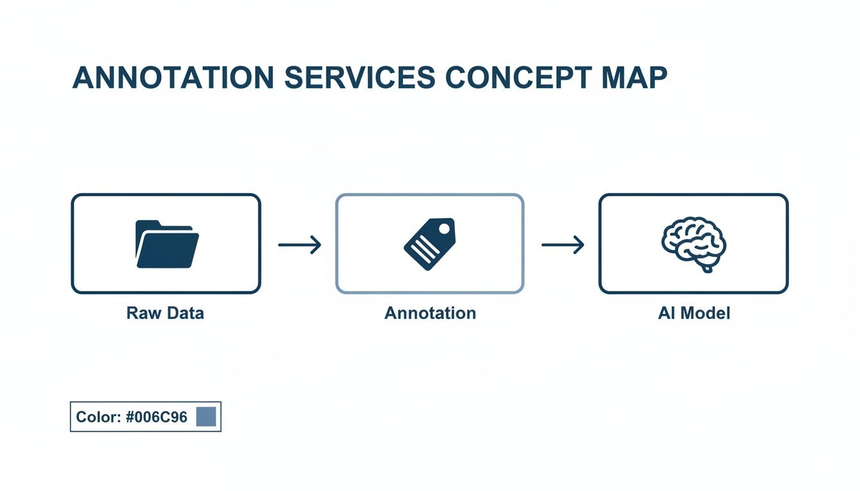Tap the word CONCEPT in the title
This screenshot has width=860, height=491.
[517, 78]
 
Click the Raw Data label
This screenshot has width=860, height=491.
[165, 313]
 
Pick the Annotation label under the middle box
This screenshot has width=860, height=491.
[430, 313]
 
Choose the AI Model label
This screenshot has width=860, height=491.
[694, 313]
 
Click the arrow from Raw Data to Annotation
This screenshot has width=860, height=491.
[299, 244]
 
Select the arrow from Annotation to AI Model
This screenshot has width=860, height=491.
[562, 244]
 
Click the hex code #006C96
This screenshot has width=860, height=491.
[157, 417]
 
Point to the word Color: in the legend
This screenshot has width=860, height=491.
[99, 417]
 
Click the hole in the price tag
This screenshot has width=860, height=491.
[443, 227]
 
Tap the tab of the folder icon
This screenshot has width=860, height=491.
[148, 224]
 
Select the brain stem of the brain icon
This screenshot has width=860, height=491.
[706, 267]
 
